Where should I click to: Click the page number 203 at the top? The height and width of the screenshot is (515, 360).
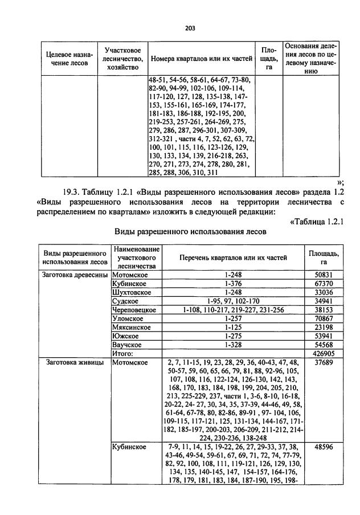(190, 28)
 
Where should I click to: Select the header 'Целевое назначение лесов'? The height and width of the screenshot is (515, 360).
(67, 59)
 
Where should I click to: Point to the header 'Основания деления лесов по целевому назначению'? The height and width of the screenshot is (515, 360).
(311, 59)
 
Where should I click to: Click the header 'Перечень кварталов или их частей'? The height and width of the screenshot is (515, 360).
(234, 257)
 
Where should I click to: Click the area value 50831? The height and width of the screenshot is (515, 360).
(324, 275)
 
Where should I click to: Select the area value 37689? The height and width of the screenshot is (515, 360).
(324, 362)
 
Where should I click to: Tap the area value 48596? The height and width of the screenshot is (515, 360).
(324, 448)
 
